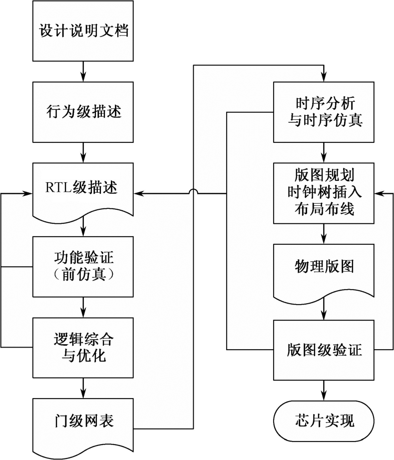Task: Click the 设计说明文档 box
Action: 83,31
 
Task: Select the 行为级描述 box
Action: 83,111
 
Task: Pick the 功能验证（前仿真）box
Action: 83,266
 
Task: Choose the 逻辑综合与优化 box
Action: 83,346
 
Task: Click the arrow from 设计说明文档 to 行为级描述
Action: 83,71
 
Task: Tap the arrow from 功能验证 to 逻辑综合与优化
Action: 83,307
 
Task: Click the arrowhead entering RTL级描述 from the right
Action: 140,193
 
